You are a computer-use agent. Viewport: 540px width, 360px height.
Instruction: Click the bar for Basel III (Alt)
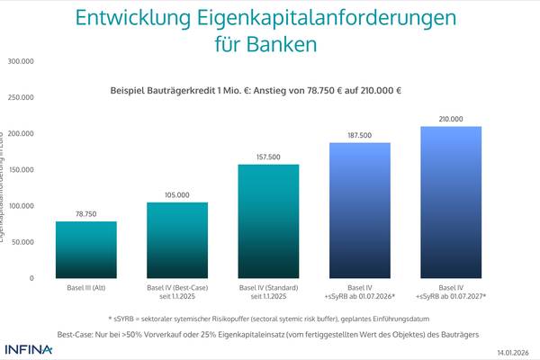click(86, 249)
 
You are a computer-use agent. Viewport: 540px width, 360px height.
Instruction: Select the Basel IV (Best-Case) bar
click(177, 239)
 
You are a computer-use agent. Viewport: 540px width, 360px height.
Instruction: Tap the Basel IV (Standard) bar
click(268, 220)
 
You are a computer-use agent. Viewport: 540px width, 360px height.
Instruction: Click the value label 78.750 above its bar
click(86, 214)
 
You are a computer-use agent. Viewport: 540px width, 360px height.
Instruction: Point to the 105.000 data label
click(177, 194)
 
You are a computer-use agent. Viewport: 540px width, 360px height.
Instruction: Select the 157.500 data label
click(268, 157)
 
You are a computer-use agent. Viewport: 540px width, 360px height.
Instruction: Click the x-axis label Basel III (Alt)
click(86, 288)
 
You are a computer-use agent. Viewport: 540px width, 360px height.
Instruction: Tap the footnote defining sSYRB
click(268, 318)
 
